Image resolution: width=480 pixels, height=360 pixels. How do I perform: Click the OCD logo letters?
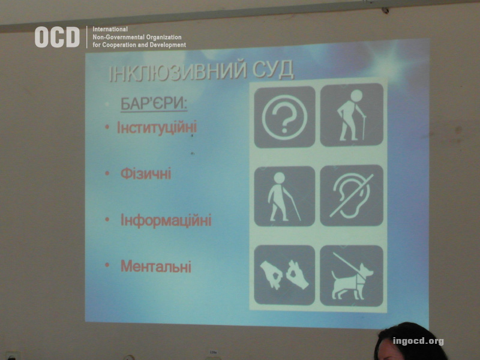tap(57, 37)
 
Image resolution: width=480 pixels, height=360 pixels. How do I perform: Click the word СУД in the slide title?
tap(273, 70)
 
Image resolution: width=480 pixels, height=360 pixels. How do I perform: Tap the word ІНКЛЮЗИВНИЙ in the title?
tap(178, 72)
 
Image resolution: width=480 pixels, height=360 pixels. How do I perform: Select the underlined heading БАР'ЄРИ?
tap(154, 104)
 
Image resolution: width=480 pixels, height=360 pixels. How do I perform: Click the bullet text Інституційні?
tap(157, 128)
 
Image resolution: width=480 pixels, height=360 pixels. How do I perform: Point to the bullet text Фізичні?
tap(146, 173)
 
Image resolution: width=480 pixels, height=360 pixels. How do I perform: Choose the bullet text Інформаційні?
tap(166, 220)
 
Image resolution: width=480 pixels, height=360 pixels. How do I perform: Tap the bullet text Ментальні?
tap(156, 266)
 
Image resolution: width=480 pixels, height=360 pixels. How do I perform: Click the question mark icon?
tap(284, 117)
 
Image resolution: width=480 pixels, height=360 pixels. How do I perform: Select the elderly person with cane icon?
tap(352, 115)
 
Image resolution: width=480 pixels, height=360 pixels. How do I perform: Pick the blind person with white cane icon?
tap(284, 196)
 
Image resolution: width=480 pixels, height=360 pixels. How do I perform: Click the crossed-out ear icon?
tap(352, 196)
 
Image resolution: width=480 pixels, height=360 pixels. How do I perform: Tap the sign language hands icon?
tap(284, 275)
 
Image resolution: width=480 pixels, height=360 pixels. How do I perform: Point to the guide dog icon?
tap(352, 275)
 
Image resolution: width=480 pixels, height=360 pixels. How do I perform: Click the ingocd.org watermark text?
tap(418, 341)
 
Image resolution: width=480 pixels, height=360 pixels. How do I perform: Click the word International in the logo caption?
tap(110, 29)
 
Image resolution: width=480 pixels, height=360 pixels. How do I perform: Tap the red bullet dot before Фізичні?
tap(107, 173)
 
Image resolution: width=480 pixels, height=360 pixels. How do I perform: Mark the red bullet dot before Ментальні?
tap(107, 265)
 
